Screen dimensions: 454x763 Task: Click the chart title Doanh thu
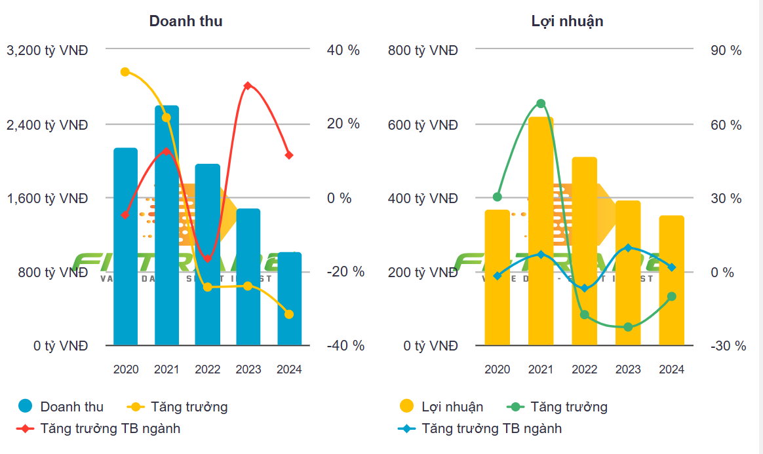coord(186,21)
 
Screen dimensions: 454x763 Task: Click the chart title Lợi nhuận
coord(567,21)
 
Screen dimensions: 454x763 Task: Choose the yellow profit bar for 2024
coord(671,280)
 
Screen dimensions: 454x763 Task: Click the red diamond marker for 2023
coord(248,86)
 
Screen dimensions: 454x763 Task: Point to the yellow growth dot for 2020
coord(125,71)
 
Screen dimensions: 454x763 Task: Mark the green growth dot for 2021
coord(541,104)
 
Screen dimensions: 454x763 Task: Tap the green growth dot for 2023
coord(628,327)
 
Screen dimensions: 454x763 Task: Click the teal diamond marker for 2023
coord(628,248)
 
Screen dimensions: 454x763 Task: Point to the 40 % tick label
coord(343,50)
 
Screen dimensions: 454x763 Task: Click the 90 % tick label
coord(726,50)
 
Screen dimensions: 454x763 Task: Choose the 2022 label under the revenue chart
coord(207,369)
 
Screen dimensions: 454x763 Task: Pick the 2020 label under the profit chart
coord(498,369)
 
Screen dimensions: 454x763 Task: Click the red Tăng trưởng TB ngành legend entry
coord(98,428)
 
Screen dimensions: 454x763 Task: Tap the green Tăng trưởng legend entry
coord(557,407)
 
